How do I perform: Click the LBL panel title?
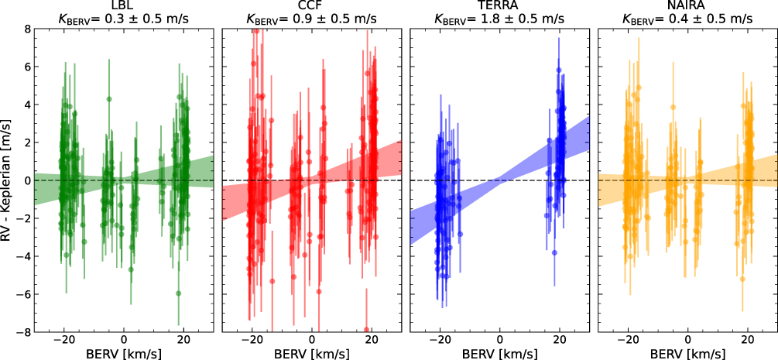124,7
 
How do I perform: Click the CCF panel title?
311,7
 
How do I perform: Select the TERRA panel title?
499,7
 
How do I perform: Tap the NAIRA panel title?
687,7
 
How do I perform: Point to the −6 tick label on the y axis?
21,294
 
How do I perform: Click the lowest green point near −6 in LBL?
178,293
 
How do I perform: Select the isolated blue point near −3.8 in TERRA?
554,252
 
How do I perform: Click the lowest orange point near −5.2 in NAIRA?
742,279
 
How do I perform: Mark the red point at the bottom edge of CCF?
367,330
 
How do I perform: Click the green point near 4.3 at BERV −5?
109,99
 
